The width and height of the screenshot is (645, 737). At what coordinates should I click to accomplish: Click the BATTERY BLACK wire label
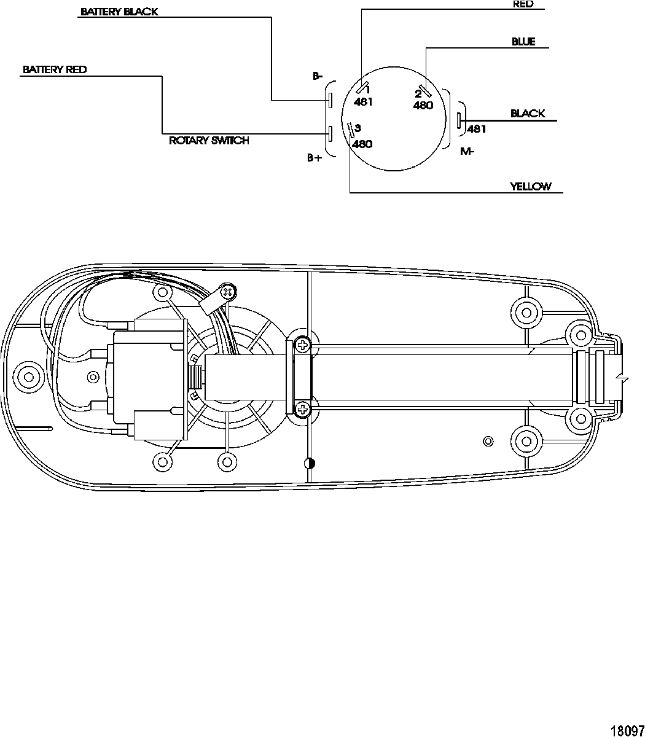119,12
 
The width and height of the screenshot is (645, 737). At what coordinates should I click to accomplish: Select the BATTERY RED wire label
55,69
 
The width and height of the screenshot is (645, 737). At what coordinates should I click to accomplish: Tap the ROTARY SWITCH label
209,141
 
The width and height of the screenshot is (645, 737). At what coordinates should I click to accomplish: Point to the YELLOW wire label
531,187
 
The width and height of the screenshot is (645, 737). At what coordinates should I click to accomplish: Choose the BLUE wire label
523,42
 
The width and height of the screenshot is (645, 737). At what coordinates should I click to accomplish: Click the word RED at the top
523,4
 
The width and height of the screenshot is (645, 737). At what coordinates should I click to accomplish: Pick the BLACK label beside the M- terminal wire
528,114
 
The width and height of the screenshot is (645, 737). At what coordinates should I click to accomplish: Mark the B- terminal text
317,77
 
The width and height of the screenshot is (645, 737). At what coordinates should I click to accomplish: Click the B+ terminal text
315,158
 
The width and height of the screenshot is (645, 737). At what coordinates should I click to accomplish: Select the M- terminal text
467,152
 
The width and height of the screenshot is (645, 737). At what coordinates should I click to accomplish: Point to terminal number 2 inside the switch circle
418,94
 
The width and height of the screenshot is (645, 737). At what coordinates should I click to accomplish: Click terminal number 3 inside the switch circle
358,128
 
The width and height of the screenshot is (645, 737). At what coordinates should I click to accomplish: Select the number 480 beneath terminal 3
362,144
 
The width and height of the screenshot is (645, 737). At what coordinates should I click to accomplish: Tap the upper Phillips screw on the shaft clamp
302,346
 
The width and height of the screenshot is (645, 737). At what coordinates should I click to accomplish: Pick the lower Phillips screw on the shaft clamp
302,408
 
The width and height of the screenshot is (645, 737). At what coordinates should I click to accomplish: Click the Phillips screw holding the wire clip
228,291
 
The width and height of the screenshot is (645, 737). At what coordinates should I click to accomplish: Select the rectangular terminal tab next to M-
458,121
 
